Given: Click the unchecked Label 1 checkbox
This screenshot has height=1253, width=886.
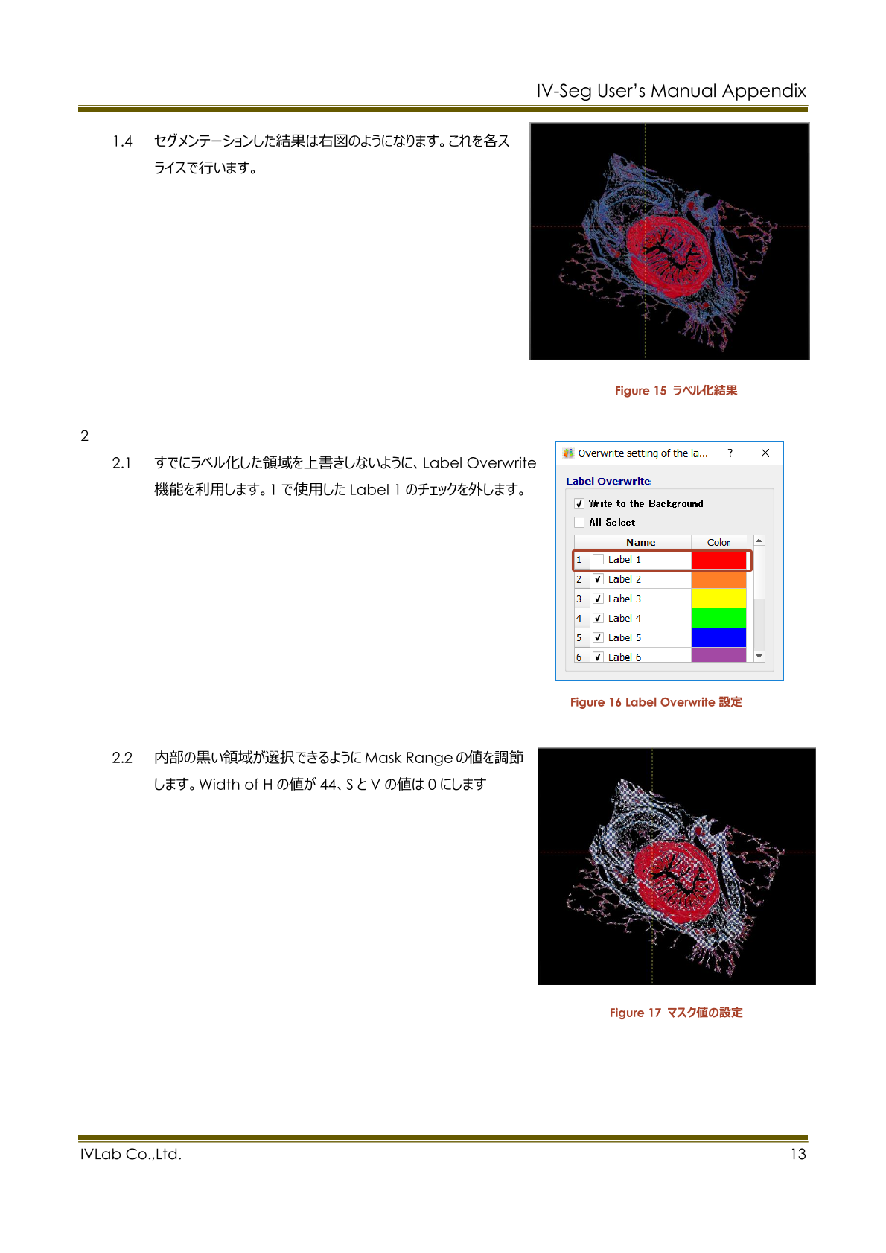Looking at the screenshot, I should pos(598,560).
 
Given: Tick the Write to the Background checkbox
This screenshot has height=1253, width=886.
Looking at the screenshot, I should pos(579,504).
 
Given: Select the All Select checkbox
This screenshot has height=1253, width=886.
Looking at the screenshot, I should pos(579,523).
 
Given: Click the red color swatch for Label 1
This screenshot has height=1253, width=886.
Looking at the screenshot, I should pos(718,560).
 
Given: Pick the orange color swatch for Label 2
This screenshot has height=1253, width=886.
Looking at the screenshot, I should pos(718,579).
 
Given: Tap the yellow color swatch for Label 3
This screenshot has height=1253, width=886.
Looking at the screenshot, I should pos(718,599).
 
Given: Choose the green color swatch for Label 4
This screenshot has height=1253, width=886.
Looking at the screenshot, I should pos(718,618).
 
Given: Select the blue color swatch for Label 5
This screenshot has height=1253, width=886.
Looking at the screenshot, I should pos(718,637).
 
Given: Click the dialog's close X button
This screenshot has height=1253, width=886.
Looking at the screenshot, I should pos(765,453).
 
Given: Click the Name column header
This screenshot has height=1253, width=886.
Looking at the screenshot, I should pos(640,543).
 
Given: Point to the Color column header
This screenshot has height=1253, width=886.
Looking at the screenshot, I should pos(718,543).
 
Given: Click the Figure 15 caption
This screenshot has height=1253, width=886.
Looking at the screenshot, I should pos(675,391).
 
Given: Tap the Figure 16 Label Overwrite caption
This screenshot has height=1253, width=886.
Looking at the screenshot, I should pos(656,702).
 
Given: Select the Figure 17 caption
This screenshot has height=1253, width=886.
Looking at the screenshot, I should pos(675,1013).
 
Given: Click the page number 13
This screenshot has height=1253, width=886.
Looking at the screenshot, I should pos(797,1154).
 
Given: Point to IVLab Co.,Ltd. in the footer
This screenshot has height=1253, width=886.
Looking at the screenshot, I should pos(131,1154).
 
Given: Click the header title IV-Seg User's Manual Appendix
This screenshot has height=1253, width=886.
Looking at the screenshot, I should pos(671,91).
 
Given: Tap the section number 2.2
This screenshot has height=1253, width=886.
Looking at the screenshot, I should pos(122,758).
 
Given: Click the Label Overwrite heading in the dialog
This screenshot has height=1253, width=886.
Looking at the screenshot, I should pos(608,482).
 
